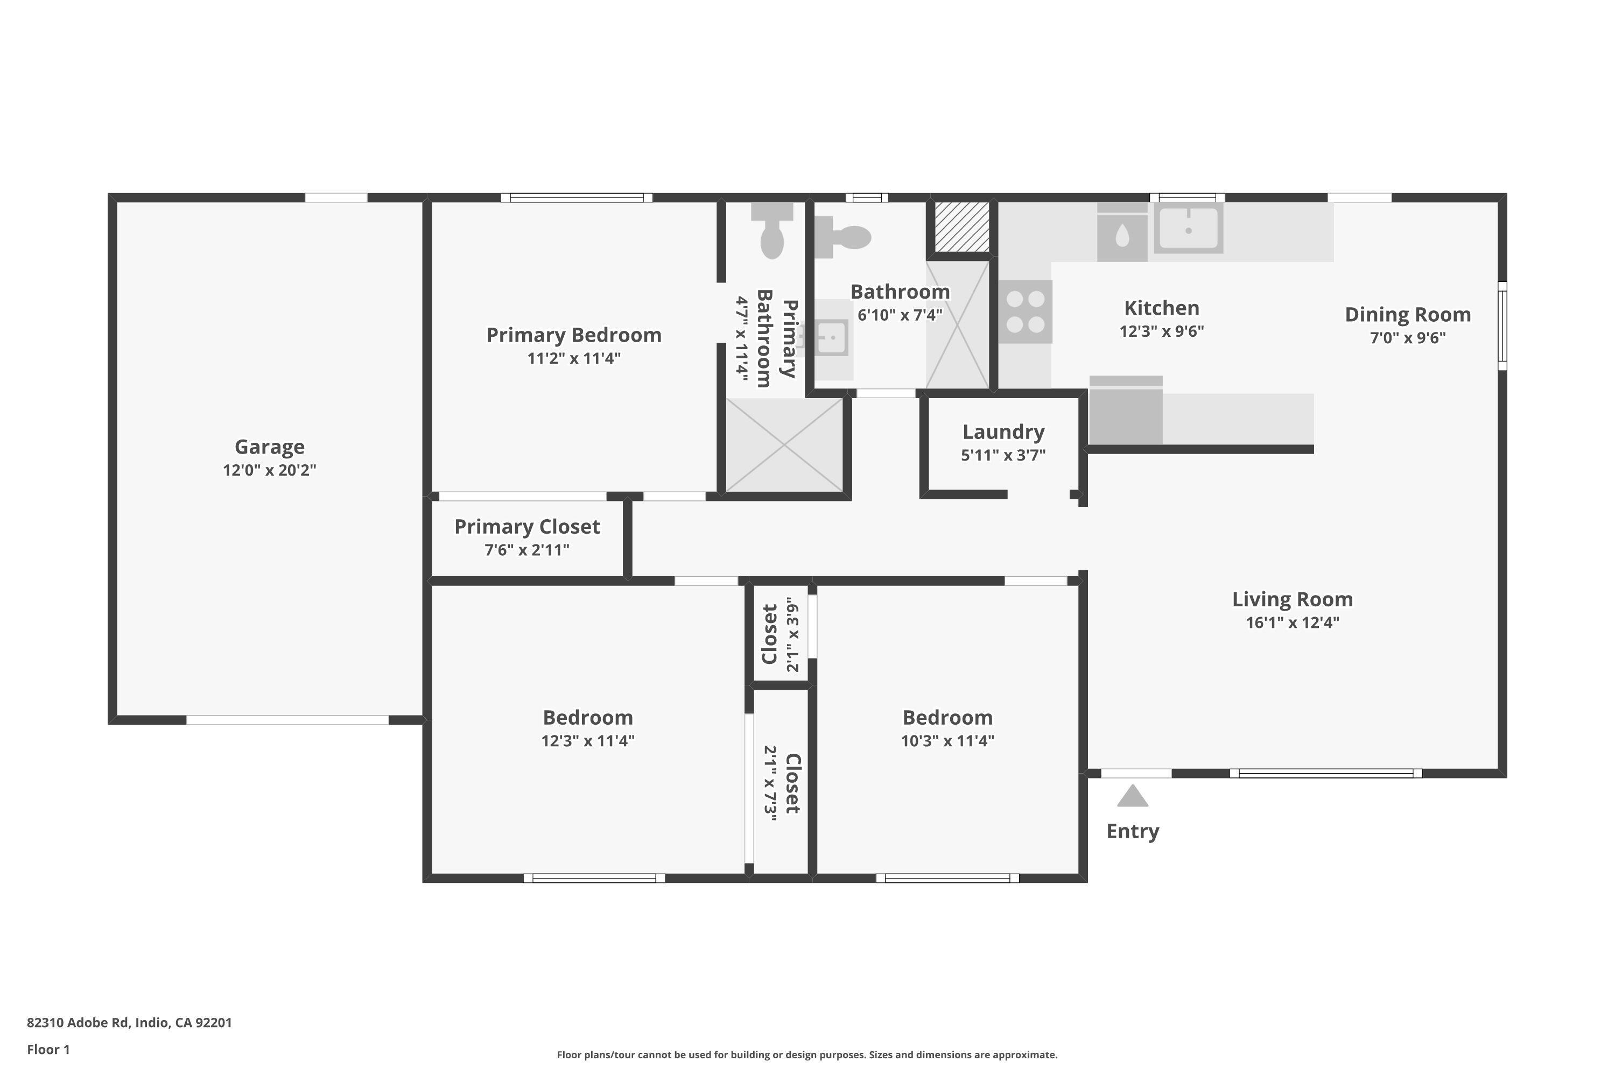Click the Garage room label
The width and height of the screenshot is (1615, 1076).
pyautogui.click(x=269, y=447)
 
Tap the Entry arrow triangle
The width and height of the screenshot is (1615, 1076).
pyautogui.click(x=1132, y=796)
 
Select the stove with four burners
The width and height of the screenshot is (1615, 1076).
pyautogui.click(x=1025, y=311)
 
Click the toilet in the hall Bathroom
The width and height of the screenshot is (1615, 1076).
pyautogui.click(x=845, y=237)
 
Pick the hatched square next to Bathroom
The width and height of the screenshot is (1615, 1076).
pyautogui.click(x=961, y=227)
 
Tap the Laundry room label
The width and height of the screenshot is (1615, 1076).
pyautogui.click(x=1003, y=431)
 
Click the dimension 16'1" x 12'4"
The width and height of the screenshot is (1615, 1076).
pyautogui.click(x=1293, y=622)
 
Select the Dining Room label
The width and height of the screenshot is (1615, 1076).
pyautogui.click(x=1407, y=314)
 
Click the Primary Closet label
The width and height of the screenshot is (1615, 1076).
pyautogui.click(x=526, y=526)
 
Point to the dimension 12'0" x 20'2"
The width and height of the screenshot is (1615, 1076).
pyautogui.click(x=269, y=470)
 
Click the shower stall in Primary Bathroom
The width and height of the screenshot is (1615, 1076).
pyautogui.click(x=784, y=445)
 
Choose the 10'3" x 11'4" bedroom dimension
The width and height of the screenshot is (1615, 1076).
pyautogui.click(x=947, y=740)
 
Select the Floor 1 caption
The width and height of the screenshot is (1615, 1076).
pyautogui.click(x=48, y=1049)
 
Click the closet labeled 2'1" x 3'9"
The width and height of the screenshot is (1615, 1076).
pyautogui.click(x=780, y=633)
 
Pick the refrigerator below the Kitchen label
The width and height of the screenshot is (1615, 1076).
pyautogui.click(x=1126, y=411)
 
